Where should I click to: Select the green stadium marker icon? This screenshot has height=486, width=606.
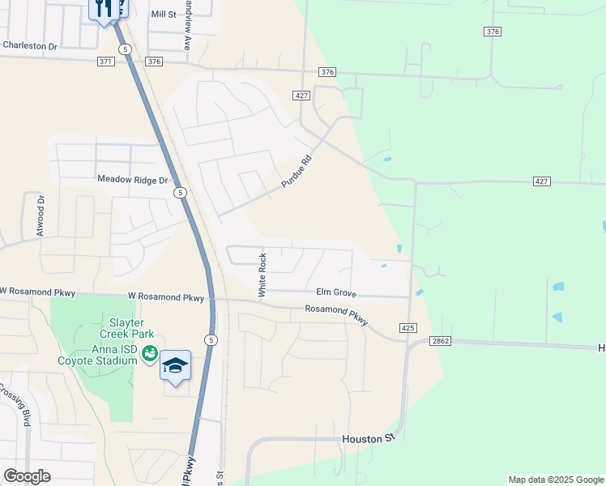tap(149, 352)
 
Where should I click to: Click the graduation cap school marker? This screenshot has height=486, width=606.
tap(175, 365)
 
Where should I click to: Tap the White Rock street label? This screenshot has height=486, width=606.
tap(262, 275)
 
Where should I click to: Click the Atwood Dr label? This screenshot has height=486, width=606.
tap(40, 216)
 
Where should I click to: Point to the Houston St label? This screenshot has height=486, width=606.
tap(367, 438)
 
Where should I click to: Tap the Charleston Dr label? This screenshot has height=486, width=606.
tap(30, 46)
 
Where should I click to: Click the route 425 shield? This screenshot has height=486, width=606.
tap(408, 327)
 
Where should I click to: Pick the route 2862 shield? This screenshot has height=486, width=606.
tap(440, 342)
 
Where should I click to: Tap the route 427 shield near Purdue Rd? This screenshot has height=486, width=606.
tap(301, 96)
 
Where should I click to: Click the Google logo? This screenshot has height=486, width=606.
tap(27, 475)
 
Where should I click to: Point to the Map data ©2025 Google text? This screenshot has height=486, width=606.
tap(555, 480)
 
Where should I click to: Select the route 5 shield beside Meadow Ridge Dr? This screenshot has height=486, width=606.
tap(180, 193)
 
